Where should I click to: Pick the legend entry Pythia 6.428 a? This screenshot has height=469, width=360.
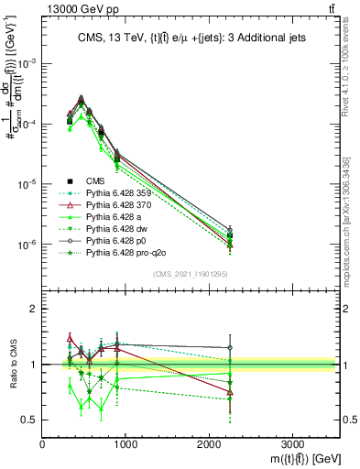(x=114, y=216)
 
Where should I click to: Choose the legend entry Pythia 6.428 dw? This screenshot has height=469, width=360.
(x=115, y=228)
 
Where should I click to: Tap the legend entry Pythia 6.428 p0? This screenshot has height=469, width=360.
(x=115, y=240)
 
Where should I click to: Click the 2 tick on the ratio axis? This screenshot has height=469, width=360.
(x=36, y=309)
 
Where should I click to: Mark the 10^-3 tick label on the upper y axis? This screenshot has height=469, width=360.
(x=29, y=63)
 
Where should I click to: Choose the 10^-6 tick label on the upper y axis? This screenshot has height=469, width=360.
(x=29, y=245)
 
